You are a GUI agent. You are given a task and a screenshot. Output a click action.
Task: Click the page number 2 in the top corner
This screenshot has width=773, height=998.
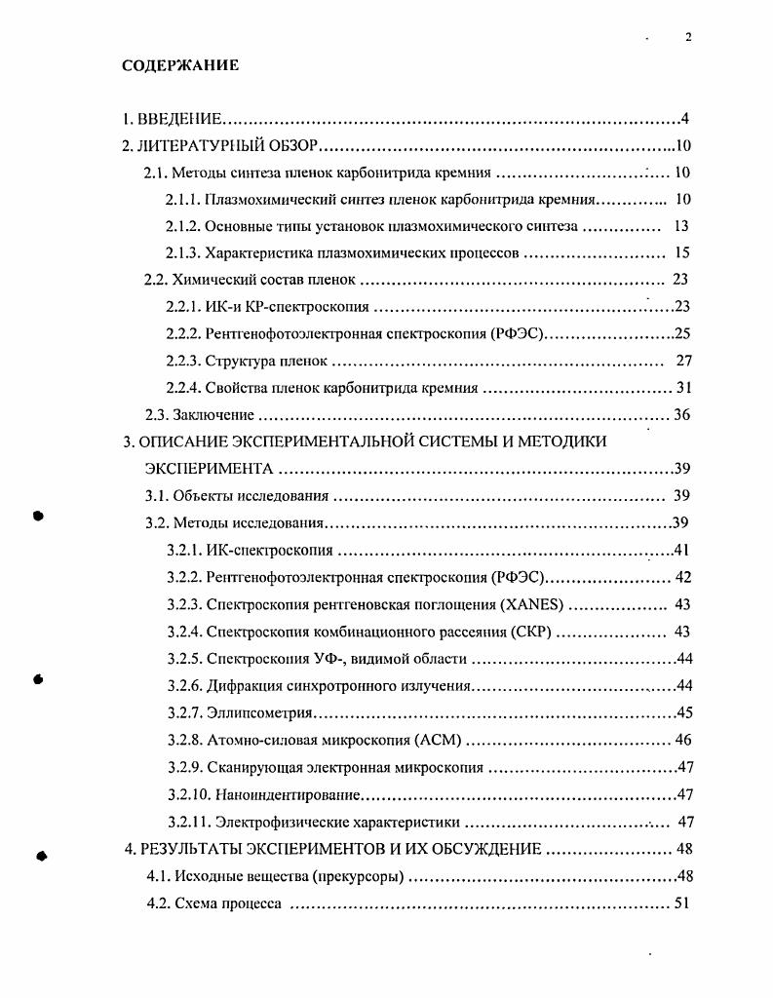688,37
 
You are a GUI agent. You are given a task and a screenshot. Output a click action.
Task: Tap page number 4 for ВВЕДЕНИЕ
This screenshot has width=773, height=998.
685,120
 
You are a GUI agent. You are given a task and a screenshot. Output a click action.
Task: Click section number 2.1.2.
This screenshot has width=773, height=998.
183,226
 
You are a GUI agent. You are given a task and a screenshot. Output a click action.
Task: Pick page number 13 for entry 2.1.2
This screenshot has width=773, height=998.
681,226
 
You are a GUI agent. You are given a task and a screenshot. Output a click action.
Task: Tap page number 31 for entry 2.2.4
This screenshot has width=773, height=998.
683,388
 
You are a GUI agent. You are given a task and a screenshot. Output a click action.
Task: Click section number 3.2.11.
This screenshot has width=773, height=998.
187,821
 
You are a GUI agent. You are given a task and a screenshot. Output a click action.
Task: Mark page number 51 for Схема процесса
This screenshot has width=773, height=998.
681,902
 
